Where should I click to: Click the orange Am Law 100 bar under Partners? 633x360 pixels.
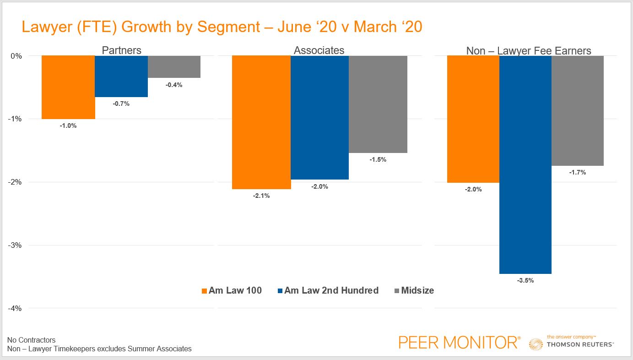point(68,87)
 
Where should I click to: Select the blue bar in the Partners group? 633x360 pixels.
point(121,76)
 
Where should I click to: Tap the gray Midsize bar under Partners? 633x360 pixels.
point(174,67)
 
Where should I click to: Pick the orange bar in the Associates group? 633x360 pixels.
point(261,122)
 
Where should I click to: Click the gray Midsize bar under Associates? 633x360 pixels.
point(378,104)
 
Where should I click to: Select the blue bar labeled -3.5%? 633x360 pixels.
point(525,164)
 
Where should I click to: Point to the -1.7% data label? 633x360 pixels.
point(577,173)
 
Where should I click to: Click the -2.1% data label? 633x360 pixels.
point(261,196)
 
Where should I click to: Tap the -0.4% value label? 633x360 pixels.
point(174,85)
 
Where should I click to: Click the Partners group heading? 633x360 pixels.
point(121,50)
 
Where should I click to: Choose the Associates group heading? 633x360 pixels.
point(319,50)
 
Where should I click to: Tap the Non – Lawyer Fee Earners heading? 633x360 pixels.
point(529,50)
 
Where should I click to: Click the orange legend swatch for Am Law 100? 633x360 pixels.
point(204,291)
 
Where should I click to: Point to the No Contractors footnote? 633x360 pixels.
point(31,340)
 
